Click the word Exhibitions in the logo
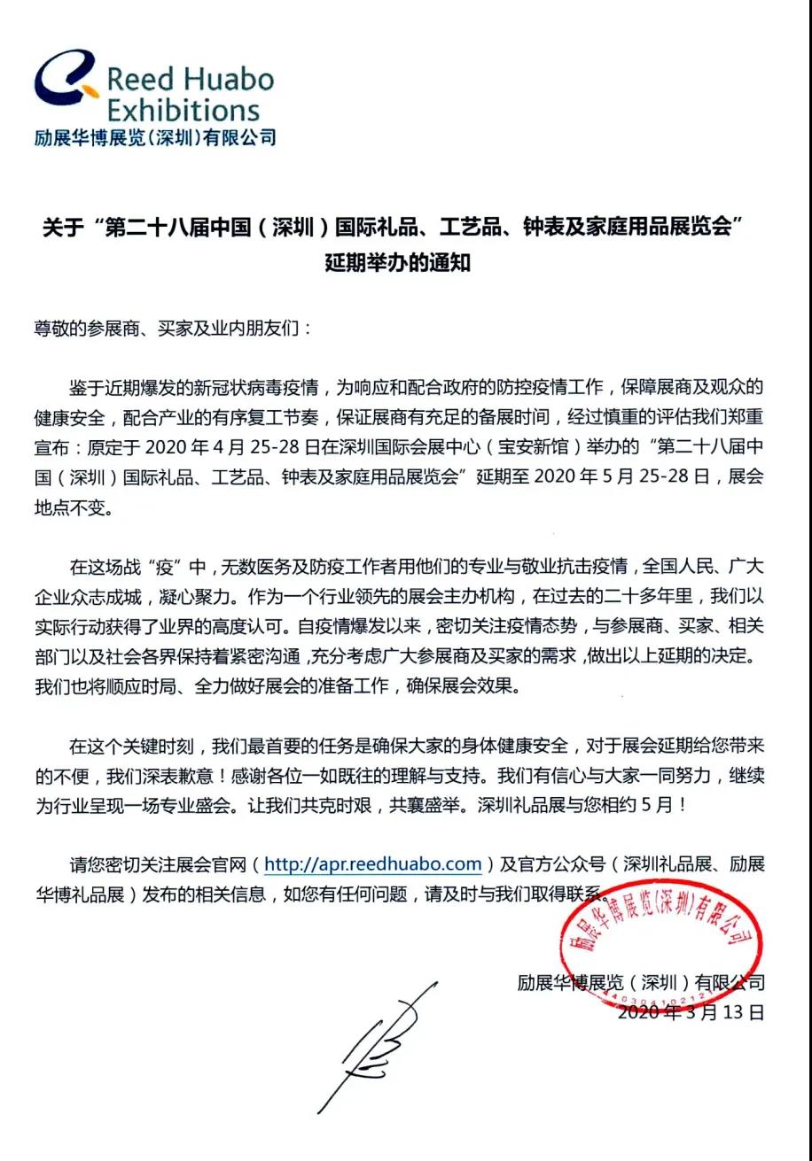point(183,112)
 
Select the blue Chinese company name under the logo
point(154,137)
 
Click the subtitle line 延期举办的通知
point(396,263)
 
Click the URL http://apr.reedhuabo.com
point(373,863)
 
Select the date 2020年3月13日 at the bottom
point(690,1011)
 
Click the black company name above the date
point(640,982)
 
